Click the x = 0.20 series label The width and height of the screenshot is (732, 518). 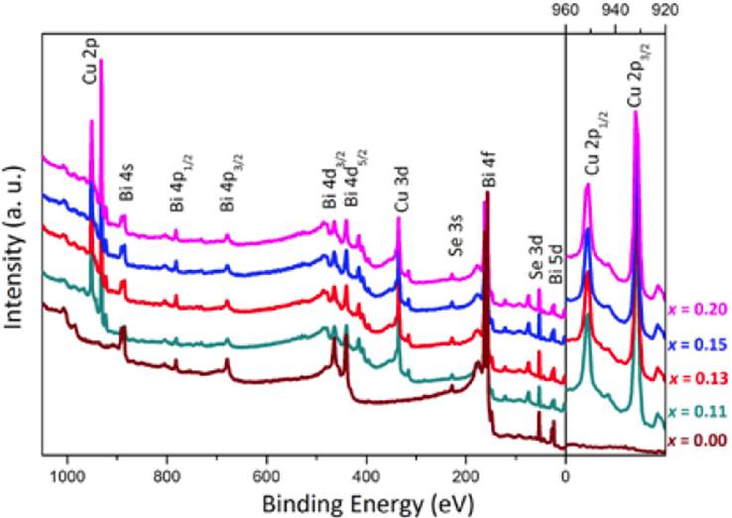[x=698, y=309]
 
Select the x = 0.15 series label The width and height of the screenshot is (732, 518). [x=698, y=343]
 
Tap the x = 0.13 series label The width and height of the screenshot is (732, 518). [x=698, y=378]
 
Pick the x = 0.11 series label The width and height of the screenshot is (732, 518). [x=698, y=411]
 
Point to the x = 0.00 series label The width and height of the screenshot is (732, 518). [x=698, y=441]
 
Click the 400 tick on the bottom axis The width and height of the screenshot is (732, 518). [x=366, y=475]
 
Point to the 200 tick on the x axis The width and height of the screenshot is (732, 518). [x=465, y=475]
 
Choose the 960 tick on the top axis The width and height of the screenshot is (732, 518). [x=565, y=12]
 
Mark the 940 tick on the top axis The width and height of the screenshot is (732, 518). [x=615, y=12]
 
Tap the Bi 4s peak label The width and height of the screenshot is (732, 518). [x=126, y=197]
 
